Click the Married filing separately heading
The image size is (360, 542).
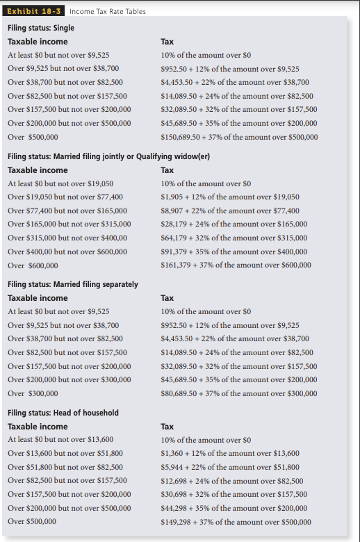tap(73, 284)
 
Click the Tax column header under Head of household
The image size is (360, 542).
tap(167, 427)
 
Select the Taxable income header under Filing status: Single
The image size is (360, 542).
tap(38, 42)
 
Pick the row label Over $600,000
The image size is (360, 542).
tap(33, 265)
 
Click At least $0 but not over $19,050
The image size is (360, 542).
tap(60, 183)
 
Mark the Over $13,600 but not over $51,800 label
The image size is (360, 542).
tap(65, 453)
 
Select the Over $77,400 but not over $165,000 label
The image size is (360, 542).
tap(67, 211)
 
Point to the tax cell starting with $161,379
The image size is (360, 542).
tap(236, 265)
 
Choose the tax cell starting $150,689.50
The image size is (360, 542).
tap(239, 137)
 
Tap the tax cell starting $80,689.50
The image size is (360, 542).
tap(238, 393)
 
